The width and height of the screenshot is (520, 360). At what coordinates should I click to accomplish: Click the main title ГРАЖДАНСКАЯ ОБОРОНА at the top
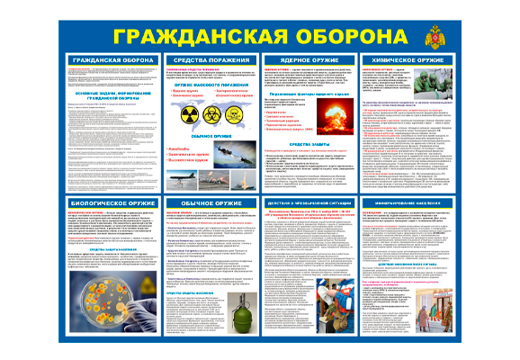point(261,33)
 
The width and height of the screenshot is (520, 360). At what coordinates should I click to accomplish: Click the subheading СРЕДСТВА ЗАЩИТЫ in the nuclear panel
point(316,169)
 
